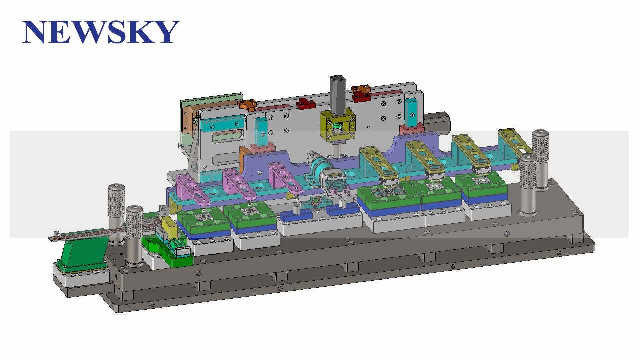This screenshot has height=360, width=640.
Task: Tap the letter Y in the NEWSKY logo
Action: tap(164, 32)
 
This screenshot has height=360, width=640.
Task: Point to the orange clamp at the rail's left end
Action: tap(247, 105)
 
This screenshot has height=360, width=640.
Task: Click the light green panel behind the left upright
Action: tap(213, 100)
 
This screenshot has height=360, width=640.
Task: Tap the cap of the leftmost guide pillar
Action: tap(116, 188)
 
